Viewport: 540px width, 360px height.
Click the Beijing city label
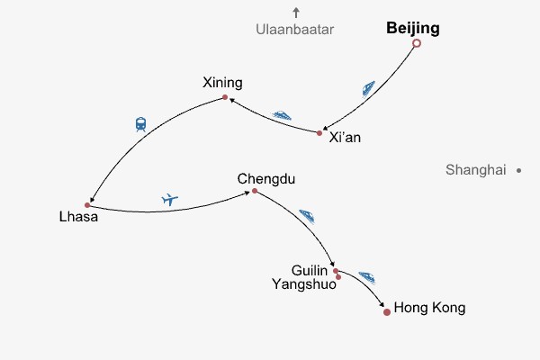coord(413,28)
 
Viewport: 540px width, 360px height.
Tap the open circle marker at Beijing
coord(416,43)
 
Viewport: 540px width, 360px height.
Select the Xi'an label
coord(346,138)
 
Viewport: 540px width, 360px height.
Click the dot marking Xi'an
coord(319,133)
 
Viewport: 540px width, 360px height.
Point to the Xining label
coord(223,84)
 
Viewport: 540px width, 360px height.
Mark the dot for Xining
coord(224,97)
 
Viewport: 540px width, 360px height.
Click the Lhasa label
coord(77,217)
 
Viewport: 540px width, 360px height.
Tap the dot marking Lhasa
coord(87,205)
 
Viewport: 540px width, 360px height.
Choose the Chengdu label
coord(260,178)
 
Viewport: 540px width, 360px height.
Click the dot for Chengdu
coord(255,191)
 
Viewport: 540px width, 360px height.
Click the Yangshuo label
coord(303,284)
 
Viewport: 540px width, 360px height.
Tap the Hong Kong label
coord(430,308)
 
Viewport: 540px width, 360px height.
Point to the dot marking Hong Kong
coord(387,312)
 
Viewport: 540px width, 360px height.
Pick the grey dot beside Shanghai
coord(519,169)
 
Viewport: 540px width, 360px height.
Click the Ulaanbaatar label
coord(294,30)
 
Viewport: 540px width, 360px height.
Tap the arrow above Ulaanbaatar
coord(295,13)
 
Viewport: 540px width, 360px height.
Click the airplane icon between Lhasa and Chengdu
coord(170,199)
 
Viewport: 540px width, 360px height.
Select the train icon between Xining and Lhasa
coord(140,124)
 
